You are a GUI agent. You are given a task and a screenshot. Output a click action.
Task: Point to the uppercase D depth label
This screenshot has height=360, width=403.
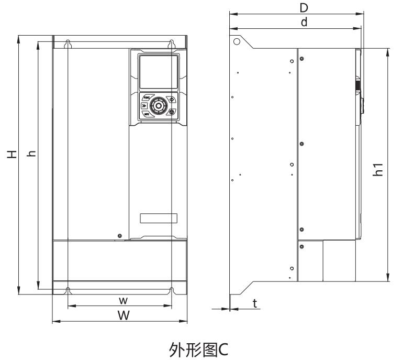(302, 8)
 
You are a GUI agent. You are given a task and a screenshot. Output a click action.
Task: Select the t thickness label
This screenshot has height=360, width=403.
(254, 303)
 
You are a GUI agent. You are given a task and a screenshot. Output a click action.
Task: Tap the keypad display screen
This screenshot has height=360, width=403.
(157, 72)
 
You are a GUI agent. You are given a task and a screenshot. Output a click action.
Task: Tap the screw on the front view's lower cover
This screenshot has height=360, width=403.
(120, 236)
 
